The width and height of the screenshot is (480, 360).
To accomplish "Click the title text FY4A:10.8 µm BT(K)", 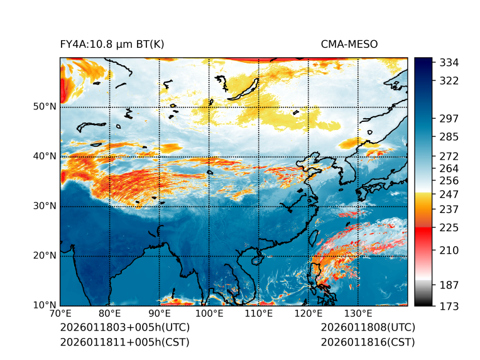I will tap(112, 44).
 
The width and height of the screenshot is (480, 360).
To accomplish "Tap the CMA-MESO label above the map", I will tap(349, 44).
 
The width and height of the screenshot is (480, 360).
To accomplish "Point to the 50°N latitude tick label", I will tap(45, 107).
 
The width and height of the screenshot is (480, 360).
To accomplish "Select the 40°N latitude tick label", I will tap(45, 156).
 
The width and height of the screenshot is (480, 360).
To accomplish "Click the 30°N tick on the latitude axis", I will tap(45, 206).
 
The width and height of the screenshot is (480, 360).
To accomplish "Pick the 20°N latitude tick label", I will tap(45, 256).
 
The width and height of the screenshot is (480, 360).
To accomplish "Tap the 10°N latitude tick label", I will tap(45, 305).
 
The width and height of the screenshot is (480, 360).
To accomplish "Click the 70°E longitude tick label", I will tap(60, 314).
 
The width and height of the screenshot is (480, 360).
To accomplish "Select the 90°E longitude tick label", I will tap(160, 314).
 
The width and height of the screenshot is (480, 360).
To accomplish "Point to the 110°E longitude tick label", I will tap(259, 314).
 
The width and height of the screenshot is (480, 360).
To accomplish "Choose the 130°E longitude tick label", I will tap(358, 314).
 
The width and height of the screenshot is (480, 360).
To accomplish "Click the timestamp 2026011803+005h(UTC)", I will tap(124, 328).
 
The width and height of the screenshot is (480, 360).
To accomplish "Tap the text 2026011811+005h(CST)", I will tap(124, 342).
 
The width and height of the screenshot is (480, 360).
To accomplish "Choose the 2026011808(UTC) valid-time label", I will tap(368, 328).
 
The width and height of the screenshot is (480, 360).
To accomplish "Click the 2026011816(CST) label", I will tap(368, 342).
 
